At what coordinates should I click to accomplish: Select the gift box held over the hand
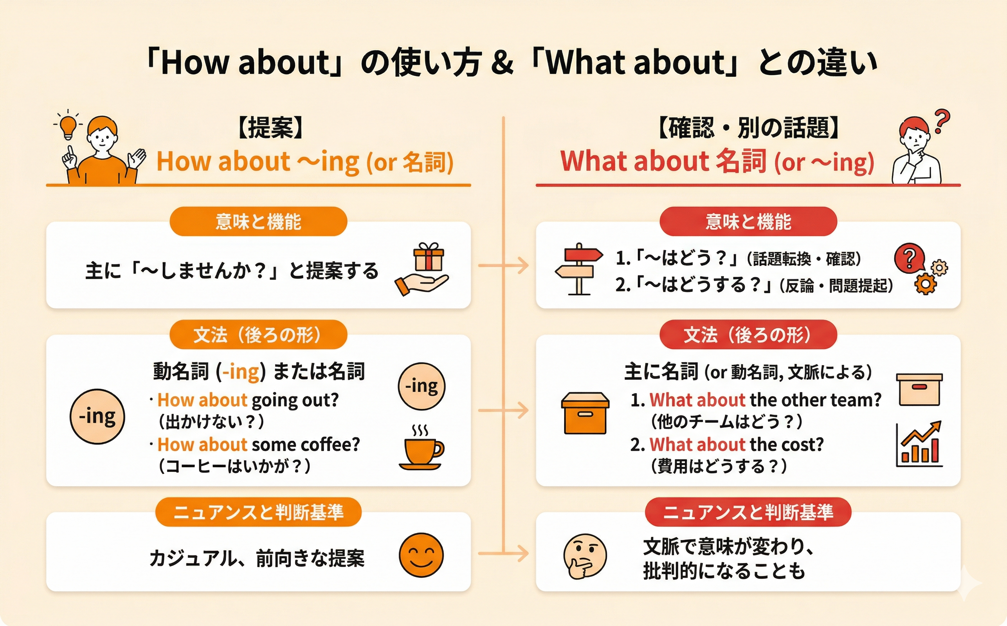click(x=428, y=257)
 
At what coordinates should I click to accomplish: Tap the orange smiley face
click(x=421, y=555)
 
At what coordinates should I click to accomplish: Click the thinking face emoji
click(x=584, y=556)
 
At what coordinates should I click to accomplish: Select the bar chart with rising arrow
click(x=919, y=444)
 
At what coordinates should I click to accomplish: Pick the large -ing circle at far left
click(x=97, y=417)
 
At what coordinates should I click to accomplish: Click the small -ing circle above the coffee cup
click(x=421, y=386)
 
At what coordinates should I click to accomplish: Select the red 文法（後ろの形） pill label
click(x=748, y=334)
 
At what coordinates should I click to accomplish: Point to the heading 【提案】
click(x=271, y=127)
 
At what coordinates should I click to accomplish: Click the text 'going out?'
click(x=295, y=400)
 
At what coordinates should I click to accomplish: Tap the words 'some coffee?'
click(x=306, y=445)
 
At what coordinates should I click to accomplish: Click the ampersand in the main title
click(x=503, y=63)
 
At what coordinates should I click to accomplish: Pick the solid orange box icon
click(x=585, y=413)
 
